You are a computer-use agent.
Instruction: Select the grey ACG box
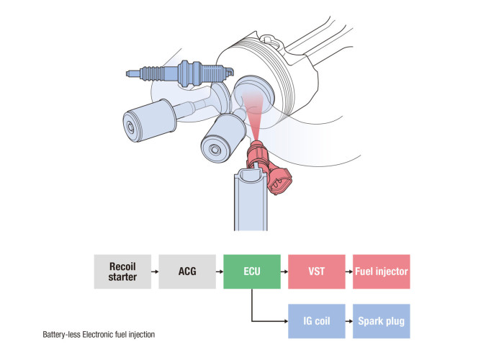tap(186, 271)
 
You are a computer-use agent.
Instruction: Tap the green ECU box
tap(251, 271)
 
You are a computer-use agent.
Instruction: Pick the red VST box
tap(316, 271)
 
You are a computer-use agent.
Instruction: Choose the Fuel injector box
tap(381, 271)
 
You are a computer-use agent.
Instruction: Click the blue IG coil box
tap(316, 321)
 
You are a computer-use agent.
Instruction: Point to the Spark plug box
tap(381, 321)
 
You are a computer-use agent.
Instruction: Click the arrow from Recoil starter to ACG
tap(154, 271)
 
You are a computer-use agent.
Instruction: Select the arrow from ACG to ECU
tap(219, 271)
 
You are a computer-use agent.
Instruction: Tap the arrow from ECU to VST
tap(284, 271)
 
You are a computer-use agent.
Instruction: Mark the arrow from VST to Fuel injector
tap(348, 271)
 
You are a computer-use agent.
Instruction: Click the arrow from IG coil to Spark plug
tap(348, 321)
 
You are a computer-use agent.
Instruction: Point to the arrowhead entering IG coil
tap(284, 321)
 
